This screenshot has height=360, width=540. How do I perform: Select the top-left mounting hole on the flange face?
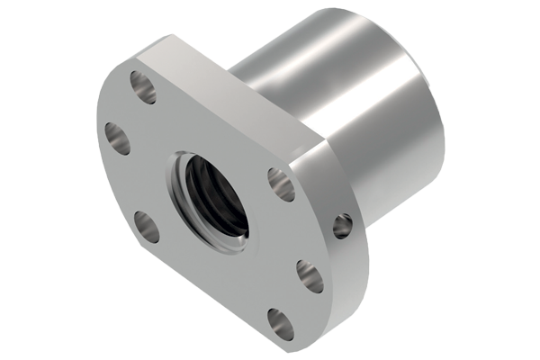click(141, 86)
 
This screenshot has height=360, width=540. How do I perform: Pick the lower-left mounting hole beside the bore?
click(147, 225)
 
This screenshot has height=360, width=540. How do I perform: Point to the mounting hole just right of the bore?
click(281, 184)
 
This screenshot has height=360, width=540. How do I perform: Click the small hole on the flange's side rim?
click(342, 226)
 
